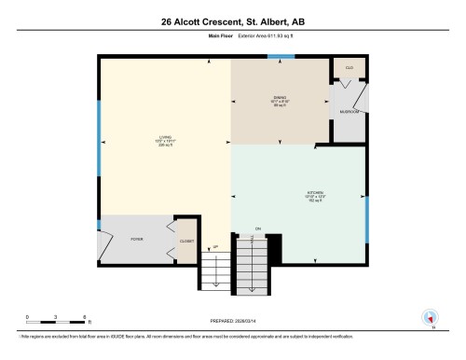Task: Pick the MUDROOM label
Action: (x=349, y=109)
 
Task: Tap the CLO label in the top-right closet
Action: (x=349, y=68)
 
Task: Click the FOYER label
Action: (x=135, y=240)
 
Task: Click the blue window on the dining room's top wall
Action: (x=276, y=58)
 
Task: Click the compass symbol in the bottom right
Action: (x=430, y=317)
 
